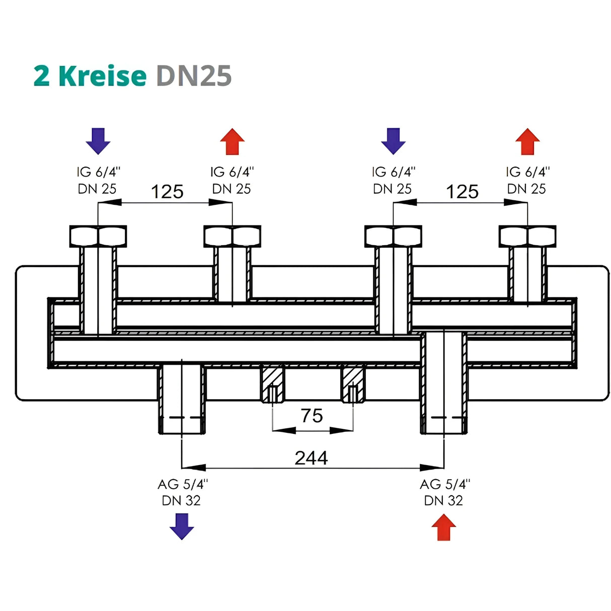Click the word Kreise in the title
pos(102,76)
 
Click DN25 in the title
pos(194,76)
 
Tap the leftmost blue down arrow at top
pos(98,141)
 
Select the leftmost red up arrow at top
pos(232,141)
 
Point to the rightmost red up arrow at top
pos(527,141)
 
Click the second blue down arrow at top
pos(393,141)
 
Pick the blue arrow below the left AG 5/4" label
pos(182,526)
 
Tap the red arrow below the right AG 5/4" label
pos(443,527)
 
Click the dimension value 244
pos(311,457)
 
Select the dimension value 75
pos(312,416)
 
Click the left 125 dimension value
pos(167,192)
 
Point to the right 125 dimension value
pos(462,192)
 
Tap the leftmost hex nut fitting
pos(98,236)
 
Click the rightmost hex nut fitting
pos(527,236)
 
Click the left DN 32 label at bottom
pos(181,500)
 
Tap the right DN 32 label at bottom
pos(443,500)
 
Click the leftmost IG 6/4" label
pos(98,172)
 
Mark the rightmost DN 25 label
pos(526,189)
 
